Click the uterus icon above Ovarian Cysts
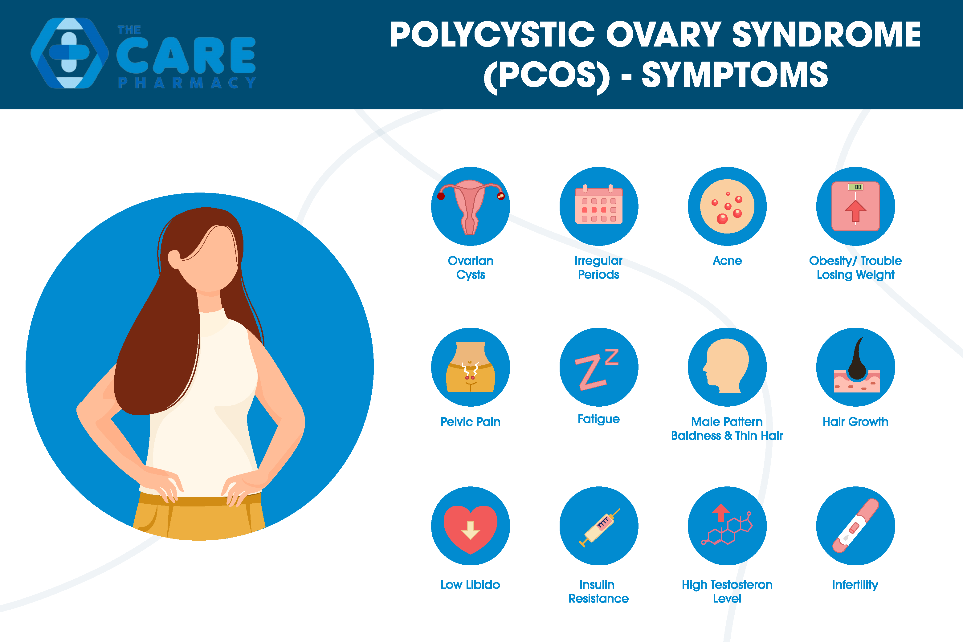[x=470, y=207]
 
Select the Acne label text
[x=727, y=261]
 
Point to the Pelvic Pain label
[x=470, y=422]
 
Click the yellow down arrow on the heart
[x=470, y=530]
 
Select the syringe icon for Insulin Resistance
[x=599, y=527]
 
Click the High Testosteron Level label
[x=727, y=592]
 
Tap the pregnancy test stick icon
[x=856, y=526]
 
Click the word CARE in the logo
[x=186, y=55]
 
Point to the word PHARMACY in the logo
[x=187, y=83]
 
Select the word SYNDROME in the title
[x=826, y=35]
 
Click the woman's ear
[x=174, y=259]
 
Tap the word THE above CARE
[x=129, y=30]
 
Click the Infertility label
[x=855, y=585]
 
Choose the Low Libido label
[x=470, y=585]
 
